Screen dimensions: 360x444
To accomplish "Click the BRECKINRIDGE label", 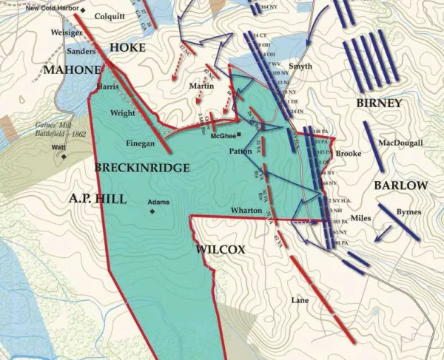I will click(x=141, y=168).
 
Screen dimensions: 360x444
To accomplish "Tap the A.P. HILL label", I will click(x=98, y=198).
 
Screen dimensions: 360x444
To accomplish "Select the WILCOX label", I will click(x=220, y=250).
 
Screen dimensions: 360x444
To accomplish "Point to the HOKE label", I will click(x=127, y=47).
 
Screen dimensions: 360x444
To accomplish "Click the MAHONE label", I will click(x=71, y=69).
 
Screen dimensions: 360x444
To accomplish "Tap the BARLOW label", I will click(x=400, y=185).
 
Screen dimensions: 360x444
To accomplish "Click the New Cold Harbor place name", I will click(x=51, y=10).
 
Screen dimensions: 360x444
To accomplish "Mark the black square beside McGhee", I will click(x=238, y=135).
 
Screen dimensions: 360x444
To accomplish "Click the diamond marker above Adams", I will click(x=153, y=211).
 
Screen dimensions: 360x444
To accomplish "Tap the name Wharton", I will click(x=246, y=210).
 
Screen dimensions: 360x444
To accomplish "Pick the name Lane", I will click(x=300, y=300).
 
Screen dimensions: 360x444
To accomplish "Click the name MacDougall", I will click(x=400, y=143).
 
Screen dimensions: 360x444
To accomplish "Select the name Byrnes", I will click(x=408, y=212).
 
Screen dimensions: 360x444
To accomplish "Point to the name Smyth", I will click(x=300, y=66).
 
